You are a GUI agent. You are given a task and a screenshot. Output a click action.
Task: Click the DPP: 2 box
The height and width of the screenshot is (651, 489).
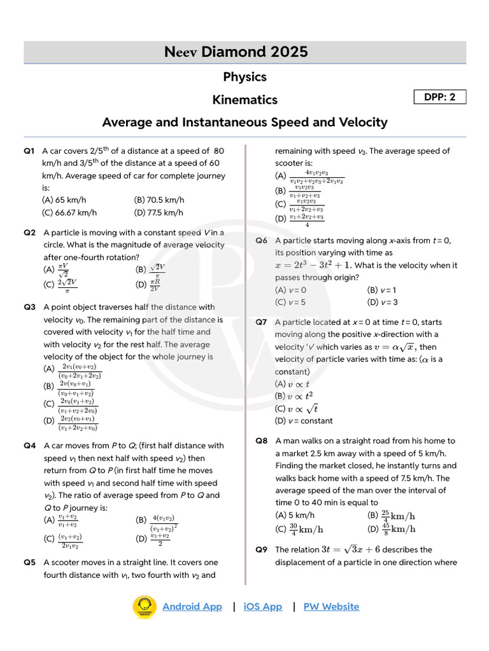click(x=440, y=97)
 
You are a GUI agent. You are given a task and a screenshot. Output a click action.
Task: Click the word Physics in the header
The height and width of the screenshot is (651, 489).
click(x=244, y=77)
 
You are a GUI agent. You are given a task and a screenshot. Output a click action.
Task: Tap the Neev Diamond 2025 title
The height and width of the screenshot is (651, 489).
click(x=244, y=52)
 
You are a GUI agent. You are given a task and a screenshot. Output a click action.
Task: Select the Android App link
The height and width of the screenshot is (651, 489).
click(x=192, y=606)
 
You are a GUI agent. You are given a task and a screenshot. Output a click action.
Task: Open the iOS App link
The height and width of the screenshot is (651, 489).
click(x=262, y=606)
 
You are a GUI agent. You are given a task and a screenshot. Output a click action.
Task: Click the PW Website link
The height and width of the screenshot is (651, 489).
click(x=331, y=606)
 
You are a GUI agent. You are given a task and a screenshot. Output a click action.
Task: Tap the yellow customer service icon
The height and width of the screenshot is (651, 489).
click(x=145, y=606)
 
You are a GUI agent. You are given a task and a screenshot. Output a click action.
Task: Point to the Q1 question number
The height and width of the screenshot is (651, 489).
click(x=29, y=151)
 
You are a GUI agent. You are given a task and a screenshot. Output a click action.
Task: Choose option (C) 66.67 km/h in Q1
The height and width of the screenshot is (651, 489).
click(x=69, y=213)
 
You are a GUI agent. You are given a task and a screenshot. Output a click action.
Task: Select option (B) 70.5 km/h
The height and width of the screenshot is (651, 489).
click(x=159, y=200)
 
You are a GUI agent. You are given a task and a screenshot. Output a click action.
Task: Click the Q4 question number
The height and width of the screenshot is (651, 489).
click(x=29, y=446)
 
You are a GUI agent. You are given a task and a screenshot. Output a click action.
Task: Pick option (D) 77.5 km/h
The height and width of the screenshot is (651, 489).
click(x=159, y=213)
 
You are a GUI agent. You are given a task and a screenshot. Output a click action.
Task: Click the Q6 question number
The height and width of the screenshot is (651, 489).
click(x=261, y=240)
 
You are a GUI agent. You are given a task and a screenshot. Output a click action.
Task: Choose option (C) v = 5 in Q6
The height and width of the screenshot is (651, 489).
click(x=290, y=302)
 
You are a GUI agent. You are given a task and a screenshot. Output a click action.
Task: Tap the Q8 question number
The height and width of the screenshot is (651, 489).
click(x=261, y=441)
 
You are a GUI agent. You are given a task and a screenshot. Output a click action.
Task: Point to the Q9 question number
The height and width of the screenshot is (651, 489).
click(x=261, y=549)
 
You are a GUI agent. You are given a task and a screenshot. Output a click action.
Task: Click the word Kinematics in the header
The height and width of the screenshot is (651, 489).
click(x=244, y=100)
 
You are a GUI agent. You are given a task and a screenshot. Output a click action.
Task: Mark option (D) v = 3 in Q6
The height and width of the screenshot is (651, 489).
click(x=383, y=302)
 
